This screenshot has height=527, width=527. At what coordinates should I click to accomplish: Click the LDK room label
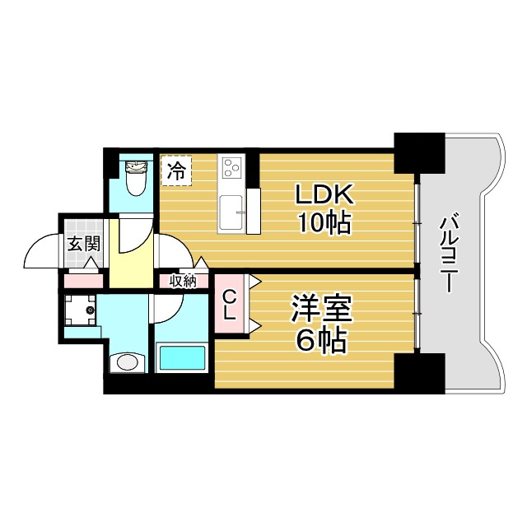(x=324, y=194)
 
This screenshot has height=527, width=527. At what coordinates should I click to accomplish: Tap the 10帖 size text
(x=324, y=222)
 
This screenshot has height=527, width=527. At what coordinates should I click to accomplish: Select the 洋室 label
(x=322, y=310)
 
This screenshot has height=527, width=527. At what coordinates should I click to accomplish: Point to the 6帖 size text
(x=322, y=340)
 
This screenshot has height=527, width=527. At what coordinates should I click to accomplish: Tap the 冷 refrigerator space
(x=176, y=170)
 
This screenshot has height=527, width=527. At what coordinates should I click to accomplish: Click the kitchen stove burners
(x=231, y=167)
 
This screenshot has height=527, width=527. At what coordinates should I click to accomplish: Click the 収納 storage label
(x=183, y=281)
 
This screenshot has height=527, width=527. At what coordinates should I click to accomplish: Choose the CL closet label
(x=229, y=305)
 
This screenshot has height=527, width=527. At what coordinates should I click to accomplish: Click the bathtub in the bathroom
(x=182, y=357)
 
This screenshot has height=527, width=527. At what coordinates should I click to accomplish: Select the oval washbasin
(x=128, y=362)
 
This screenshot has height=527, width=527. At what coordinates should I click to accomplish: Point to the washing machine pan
(x=80, y=310)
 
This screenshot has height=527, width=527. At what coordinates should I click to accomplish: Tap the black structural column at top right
(x=420, y=154)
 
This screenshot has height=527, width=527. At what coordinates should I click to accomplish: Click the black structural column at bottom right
(x=420, y=373)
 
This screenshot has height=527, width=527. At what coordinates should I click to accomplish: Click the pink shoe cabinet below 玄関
(x=83, y=281)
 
